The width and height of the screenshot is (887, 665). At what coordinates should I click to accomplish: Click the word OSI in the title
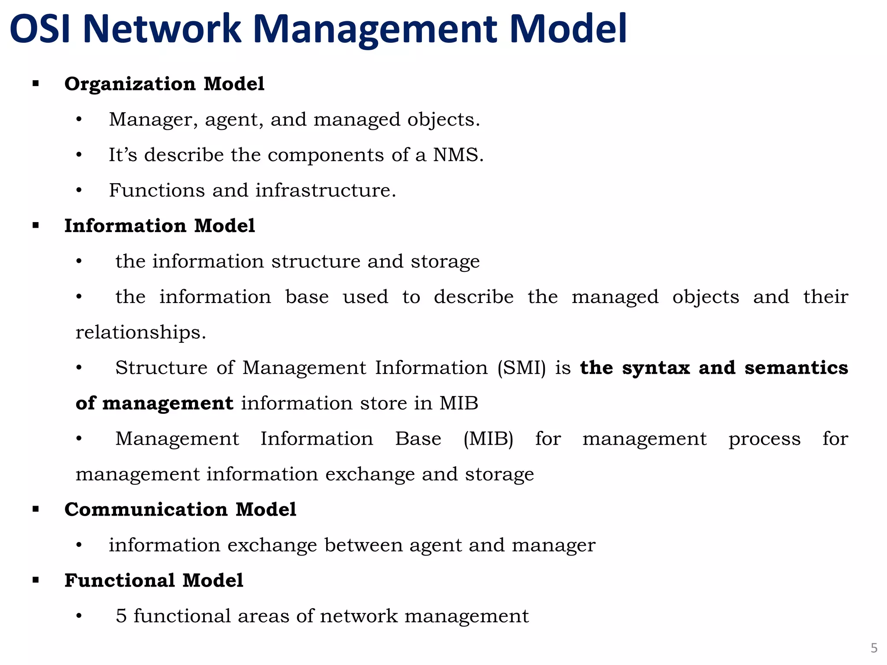(40, 29)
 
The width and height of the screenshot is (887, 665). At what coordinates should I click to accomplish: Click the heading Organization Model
(164, 84)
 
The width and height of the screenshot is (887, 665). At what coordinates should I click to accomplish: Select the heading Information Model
(159, 226)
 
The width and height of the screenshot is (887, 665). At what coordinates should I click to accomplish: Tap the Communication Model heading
(180, 510)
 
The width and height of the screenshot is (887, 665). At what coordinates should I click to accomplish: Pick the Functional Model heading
(154, 581)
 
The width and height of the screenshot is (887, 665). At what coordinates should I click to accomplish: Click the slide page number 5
(874, 648)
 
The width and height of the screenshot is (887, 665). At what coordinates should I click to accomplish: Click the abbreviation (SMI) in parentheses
(521, 368)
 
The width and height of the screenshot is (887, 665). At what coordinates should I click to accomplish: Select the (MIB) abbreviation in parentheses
(488, 439)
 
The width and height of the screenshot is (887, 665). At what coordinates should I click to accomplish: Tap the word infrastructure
(325, 190)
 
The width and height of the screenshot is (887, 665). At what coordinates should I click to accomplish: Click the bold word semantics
(796, 368)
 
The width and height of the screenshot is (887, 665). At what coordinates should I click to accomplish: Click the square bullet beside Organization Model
(36, 84)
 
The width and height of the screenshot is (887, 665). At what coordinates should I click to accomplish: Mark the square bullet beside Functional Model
(36, 580)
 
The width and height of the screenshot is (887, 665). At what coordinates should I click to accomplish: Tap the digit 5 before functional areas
(121, 616)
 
